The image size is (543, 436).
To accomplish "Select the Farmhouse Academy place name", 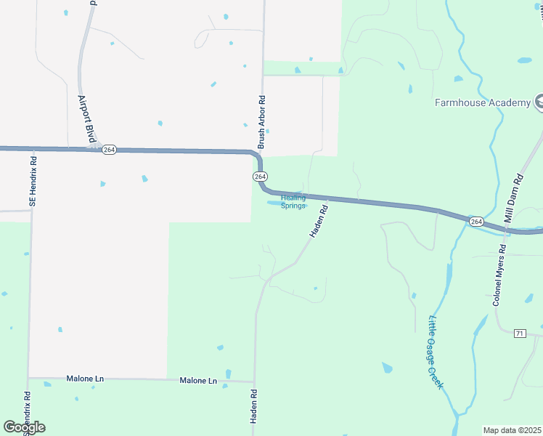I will pyautogui.click(x=483, y=102).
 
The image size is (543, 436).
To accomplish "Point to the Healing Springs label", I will pyautogui.click(x=293, y=201).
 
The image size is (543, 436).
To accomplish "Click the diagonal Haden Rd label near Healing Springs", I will pyautogui.click(x=318, y=221).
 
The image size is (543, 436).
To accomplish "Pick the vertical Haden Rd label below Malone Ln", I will pyautogui.click(x=255, y=411).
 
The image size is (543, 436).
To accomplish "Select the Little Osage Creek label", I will pyautogui.click(x=436, y=352).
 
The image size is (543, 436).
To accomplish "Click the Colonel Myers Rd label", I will pyautogui.click(x=500, y=275).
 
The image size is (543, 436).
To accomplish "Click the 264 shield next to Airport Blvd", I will pyautogui.click(x=109, y=149).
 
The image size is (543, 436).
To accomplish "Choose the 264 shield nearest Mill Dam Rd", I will pyautogui.click(x=475, y=221).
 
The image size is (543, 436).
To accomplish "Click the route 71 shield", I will pyautogui.click(x=519, y=334).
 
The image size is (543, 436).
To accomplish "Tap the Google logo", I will pyautogui.click(x=24, y=427).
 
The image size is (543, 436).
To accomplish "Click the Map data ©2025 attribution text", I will pyautogui.click(x=511, y=430).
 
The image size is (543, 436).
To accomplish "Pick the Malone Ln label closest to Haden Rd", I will pyautogui.click(x=198, y=381).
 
